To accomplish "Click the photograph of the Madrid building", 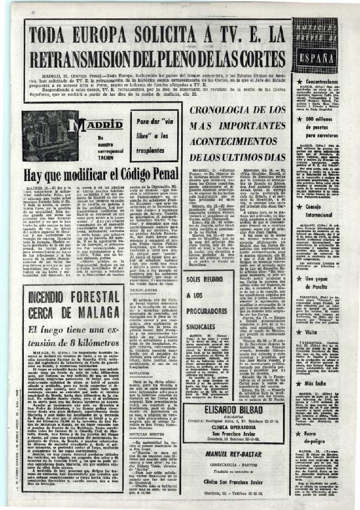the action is tap(50, 136).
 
